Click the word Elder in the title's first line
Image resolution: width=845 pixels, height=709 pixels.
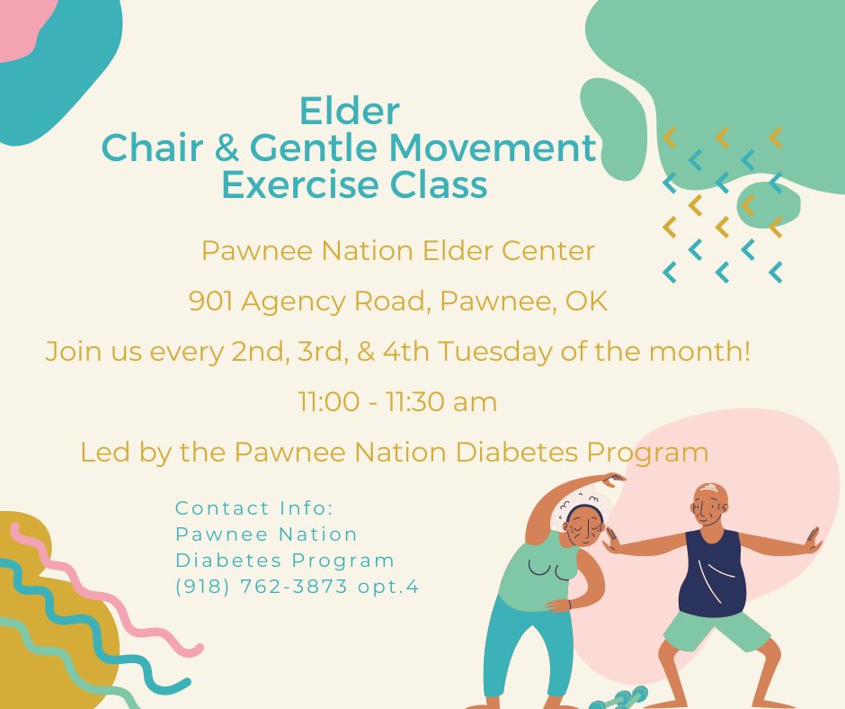[349, 112]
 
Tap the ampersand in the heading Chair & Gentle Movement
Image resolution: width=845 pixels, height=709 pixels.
[227, 148]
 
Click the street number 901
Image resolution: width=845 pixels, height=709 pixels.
[210, 301]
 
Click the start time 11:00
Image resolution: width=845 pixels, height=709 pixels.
[329, 402]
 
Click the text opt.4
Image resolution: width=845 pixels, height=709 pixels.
[388, 587]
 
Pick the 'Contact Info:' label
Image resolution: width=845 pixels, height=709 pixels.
[254, 507]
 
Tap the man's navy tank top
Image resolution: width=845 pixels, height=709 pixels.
[711, 573]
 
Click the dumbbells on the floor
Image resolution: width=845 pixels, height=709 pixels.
[619, 698]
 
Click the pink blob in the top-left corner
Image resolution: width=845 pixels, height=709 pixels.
[22, 27]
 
